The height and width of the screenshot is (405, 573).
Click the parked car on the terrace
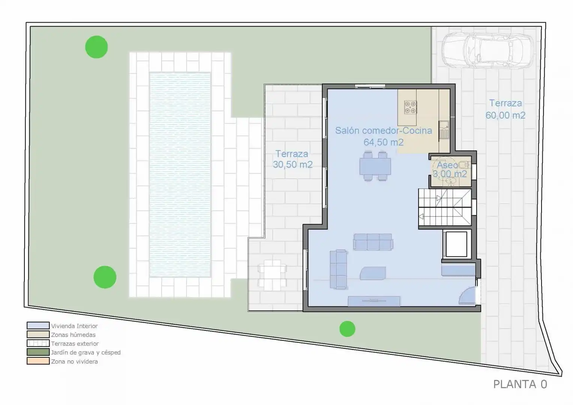(487, 51)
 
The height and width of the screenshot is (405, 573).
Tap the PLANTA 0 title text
(520, 384)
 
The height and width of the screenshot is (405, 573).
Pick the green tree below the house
(347, 329)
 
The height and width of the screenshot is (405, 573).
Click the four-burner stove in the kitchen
(410, 107)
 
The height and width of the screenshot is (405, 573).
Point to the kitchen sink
(444, 130)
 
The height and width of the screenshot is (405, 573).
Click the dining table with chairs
(375, 166)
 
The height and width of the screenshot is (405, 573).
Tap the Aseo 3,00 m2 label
(450, 169)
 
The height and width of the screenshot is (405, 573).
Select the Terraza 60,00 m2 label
(506, 109)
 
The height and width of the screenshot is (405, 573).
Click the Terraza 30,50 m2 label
(293, 159)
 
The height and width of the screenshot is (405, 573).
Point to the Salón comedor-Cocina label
(383, 130)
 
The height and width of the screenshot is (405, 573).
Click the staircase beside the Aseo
(445, 207)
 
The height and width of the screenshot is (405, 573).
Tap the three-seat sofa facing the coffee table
(373, 241)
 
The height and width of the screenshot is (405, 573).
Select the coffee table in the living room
(373, 273)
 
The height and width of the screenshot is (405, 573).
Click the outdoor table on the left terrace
(272, 275)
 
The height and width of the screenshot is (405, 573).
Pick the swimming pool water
(180, 175)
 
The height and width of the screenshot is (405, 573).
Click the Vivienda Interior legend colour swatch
(38, 325)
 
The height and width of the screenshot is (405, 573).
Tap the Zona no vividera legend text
(75, 361)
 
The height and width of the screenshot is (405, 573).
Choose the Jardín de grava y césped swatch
(38, 352)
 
